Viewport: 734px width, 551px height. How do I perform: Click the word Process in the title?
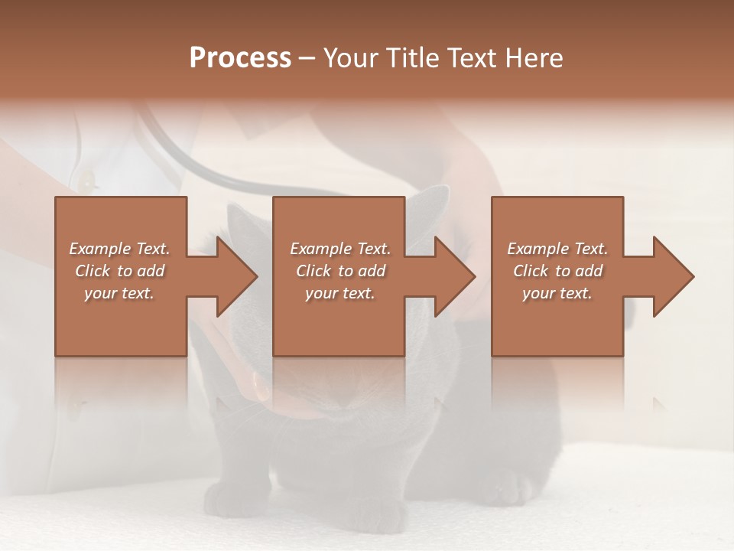click(240, 58)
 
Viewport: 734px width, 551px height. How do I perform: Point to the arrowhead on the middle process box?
click(453, 276)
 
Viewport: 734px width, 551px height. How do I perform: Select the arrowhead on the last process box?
click(672, 276)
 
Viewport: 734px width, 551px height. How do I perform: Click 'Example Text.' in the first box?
click(119, 249)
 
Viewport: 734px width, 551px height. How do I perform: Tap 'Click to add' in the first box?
click(119, 271)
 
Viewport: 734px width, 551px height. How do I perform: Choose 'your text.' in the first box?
click(119, 293)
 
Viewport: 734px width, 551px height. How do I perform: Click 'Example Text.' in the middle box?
click(339, 249)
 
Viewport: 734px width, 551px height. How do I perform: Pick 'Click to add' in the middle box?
click(339, 271)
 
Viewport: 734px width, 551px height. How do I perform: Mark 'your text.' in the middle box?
click(339, 293)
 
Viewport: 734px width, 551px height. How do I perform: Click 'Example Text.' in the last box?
click(557, 249)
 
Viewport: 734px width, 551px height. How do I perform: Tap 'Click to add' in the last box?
click(557, 271)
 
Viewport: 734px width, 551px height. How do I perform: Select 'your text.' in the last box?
click(557, 293)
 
